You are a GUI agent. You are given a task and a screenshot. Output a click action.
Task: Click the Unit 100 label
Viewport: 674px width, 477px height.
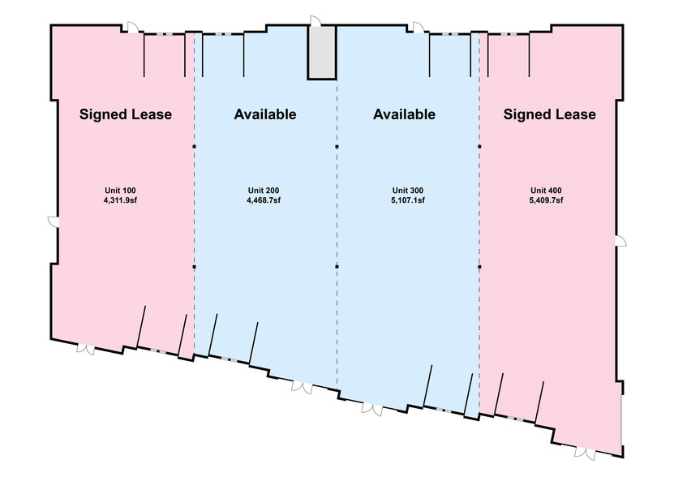tap(120, 191)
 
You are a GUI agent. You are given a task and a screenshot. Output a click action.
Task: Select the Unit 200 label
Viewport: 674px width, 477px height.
tap(264, 191)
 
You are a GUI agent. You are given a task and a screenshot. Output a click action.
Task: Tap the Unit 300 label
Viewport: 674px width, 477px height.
tap(408, 191)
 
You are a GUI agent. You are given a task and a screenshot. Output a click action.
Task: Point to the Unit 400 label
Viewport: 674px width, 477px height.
tap(546, 191)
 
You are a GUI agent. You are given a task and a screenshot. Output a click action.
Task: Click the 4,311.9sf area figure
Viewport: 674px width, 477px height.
tap(120, 200)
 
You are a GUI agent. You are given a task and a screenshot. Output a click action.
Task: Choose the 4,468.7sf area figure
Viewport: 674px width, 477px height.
tap(264, 200)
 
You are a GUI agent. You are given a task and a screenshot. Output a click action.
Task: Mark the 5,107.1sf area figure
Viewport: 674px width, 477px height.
tap(408, 200)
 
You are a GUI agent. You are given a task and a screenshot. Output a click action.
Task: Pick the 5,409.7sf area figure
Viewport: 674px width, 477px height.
tap(546, 200)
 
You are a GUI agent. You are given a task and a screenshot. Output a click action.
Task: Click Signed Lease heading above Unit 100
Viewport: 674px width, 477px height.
tap(126, 114)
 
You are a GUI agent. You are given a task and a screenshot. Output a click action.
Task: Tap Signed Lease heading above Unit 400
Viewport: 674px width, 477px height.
tap(550, 114)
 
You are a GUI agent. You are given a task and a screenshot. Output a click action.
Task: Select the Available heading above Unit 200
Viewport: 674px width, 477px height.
tap(265, 114)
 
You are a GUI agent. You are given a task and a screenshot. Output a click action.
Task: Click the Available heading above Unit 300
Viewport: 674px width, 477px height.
tap(404, 114)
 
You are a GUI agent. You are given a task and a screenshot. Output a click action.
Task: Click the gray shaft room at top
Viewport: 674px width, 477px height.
tap(321, 52)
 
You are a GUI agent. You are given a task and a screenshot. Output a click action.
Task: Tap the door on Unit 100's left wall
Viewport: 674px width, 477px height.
tap(53, 221)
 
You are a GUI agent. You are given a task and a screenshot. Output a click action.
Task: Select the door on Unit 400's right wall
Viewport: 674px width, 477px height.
tap(620, 241)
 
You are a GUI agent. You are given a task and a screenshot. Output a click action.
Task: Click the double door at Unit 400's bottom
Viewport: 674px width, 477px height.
tap(585, 453)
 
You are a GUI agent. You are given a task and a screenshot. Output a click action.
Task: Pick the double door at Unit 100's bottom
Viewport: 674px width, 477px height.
tap(86, 350)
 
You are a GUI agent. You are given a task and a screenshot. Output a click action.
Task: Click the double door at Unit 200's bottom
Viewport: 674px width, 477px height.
tap(303, 387)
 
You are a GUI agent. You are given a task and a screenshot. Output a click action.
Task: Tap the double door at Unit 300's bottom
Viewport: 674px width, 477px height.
tap(371, 409)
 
